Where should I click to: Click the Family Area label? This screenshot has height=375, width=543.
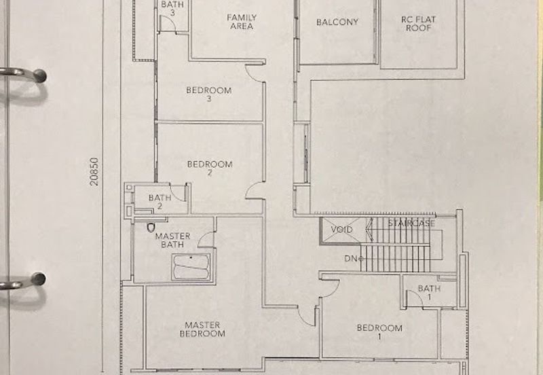(x=242, y=22)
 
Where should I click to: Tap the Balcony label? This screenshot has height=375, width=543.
(x=337, y=22)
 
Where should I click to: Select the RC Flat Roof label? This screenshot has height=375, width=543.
(x=418, y=24)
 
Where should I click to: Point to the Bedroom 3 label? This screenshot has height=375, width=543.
(x=209, y=94)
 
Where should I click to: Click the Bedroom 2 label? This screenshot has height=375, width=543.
(x=210, y=168)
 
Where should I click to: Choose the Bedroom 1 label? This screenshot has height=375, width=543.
(x=379, y=332)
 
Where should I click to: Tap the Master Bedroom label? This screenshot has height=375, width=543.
(x=202, y=329)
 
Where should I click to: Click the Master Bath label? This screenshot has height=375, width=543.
(x=172, y=240)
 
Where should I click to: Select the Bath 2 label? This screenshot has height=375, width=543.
(x=160, y=202)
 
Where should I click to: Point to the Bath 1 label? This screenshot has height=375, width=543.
(x=429, y=292)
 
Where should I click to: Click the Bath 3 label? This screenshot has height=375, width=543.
(x=172, y=8)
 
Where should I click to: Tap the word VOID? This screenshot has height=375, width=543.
(x=342, y=230)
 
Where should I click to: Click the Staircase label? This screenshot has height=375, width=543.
(x=411, y=223)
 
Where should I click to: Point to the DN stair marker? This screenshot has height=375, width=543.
(x=353, y=259)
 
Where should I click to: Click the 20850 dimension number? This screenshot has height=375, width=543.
(x=94, y=172)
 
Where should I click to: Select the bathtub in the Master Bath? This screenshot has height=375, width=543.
(x=191, y=266)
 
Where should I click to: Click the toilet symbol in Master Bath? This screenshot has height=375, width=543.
(x=151, y=228)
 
